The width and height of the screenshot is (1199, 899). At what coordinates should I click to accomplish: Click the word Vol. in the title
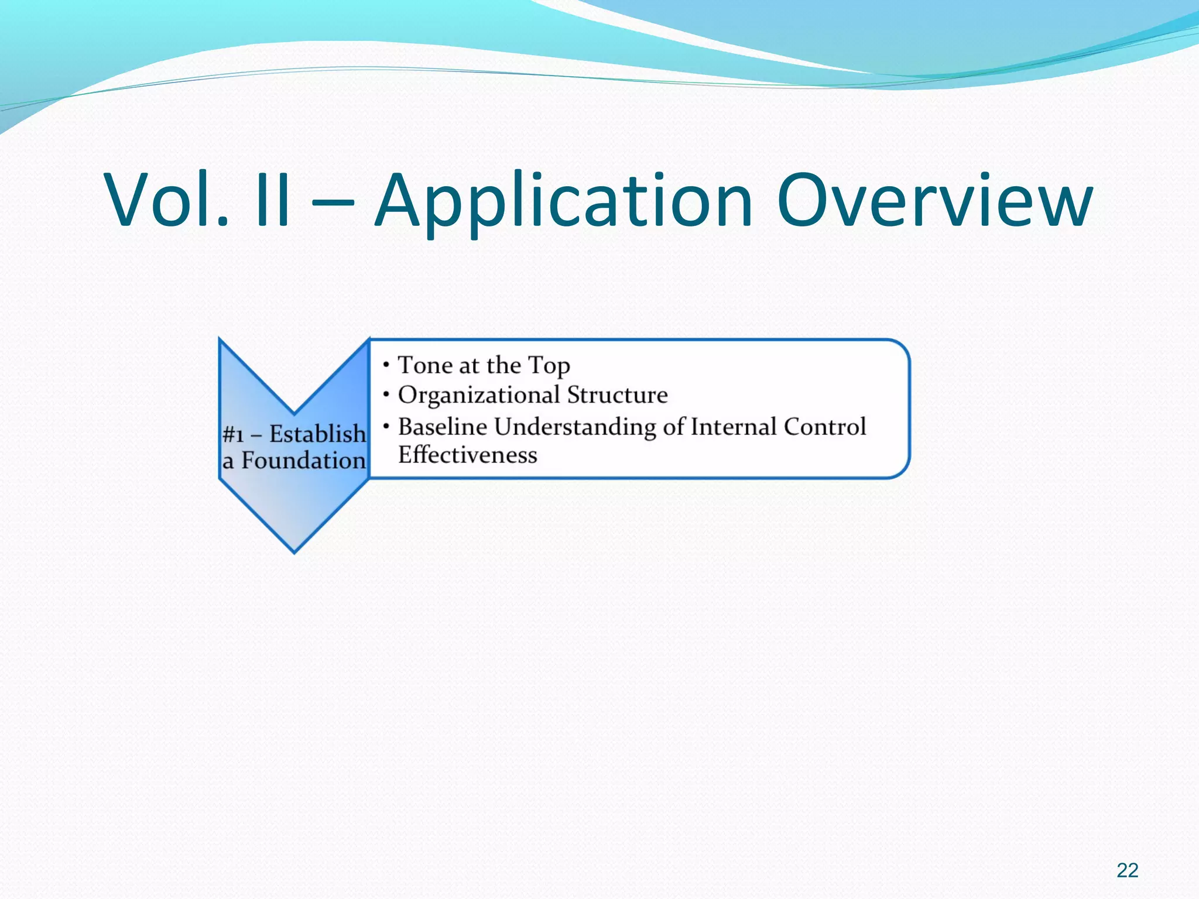pyautogui.click(x=167, y=200)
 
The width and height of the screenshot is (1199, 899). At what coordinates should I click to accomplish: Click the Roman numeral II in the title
pyautogui.click(x=273, y=200)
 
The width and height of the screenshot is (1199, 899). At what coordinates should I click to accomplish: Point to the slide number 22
pyautogui.click(x=1127, y=870)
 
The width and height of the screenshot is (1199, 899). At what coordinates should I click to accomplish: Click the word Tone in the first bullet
pyautogui.click(x=425, y=365)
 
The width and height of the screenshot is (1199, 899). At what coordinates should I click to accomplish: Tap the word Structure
pyautogui.click(x=617, y=395)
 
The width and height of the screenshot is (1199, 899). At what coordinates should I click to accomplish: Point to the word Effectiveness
pyautogui.click(x=467, y=455)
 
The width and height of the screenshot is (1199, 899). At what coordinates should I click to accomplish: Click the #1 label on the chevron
pyautogui.click(x=233, y=435)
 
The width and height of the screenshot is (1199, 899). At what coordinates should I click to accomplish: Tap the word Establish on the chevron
pyautogui.click(x=317, y=434)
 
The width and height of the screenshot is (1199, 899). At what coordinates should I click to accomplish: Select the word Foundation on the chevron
pyautogui.click(x=303, y=461)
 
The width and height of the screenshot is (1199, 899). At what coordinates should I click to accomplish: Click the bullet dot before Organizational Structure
pyautogui.click(x=386, y=395)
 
